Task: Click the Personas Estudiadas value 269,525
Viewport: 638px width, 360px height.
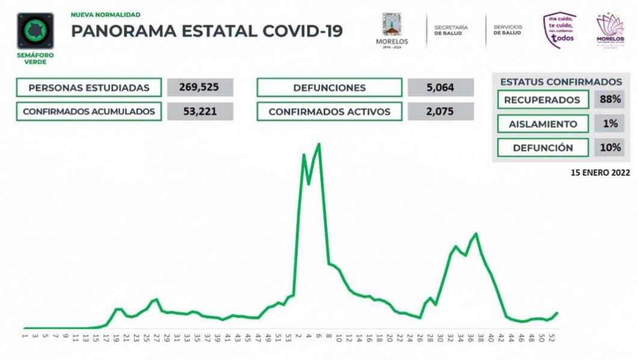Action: tap(199, 87)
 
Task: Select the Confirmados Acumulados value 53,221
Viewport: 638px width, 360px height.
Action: tap(199, 111)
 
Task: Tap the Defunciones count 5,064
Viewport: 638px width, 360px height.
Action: tap(440, 87)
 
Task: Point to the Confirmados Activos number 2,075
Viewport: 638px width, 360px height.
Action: tap(440, 111)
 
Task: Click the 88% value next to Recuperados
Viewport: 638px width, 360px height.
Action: tap(610, 99)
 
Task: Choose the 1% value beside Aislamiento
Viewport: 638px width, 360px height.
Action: tap(610, 123)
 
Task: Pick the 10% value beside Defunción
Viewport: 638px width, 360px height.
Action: tap(610, 147)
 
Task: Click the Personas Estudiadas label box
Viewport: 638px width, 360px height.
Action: tap(89, 87)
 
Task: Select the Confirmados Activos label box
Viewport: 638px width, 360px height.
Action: tap(329, 111)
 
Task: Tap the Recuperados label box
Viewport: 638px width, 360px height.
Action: tap(542, 99)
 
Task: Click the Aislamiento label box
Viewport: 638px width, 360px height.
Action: tap(542, 123)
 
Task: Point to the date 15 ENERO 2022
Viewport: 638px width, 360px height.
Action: tap(600, 172)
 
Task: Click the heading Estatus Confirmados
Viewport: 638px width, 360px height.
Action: tap(561, 82)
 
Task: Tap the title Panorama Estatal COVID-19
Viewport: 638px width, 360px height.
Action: tap(207, 31)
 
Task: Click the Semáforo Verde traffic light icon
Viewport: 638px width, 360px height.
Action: tap(36, 31)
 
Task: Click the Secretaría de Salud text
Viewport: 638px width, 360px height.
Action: tap(451, 29)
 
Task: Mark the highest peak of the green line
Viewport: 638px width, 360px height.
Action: tap(318, 144)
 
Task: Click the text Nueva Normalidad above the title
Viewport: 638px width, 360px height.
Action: tap(106, 14)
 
